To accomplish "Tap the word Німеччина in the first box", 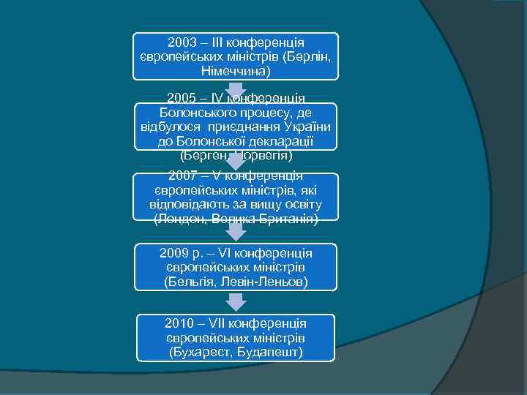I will (236, 72).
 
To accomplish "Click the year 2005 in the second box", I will (181, 98).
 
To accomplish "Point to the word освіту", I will (300, 205).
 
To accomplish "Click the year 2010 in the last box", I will (179, 323).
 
